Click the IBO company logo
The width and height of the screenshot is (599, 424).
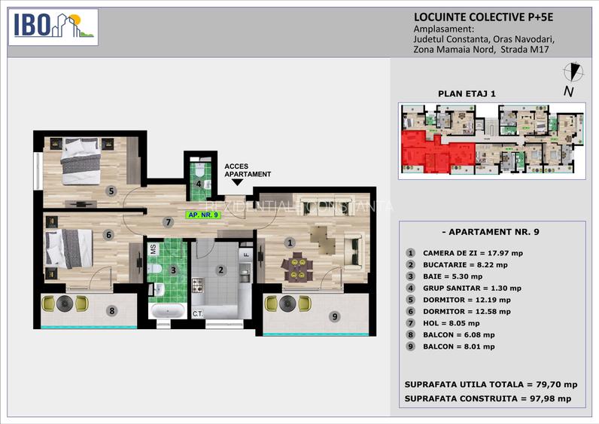pyautogui.click(x=53, y=26)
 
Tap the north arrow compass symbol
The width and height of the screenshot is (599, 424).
pyautogui.click(x=574, y=73)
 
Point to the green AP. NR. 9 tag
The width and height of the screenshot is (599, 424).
pyautogui.click(x=202, y=215)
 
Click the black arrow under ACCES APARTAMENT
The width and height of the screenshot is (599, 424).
pyautogui.click(x=238, y=181)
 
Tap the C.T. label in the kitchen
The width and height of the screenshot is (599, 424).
pyautogui.click(x=198, y=313)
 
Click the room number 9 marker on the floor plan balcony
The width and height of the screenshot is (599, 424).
pyautogui.click(x=334, y=316)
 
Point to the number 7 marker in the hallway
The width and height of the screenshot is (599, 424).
pyautogui.click(x=168, y=221)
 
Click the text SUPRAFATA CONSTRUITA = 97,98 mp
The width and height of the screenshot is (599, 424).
pyautogui.click(x=487, y=398)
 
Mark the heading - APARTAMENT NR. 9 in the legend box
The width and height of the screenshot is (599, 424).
pyautogui.click(x=486, y=232)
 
